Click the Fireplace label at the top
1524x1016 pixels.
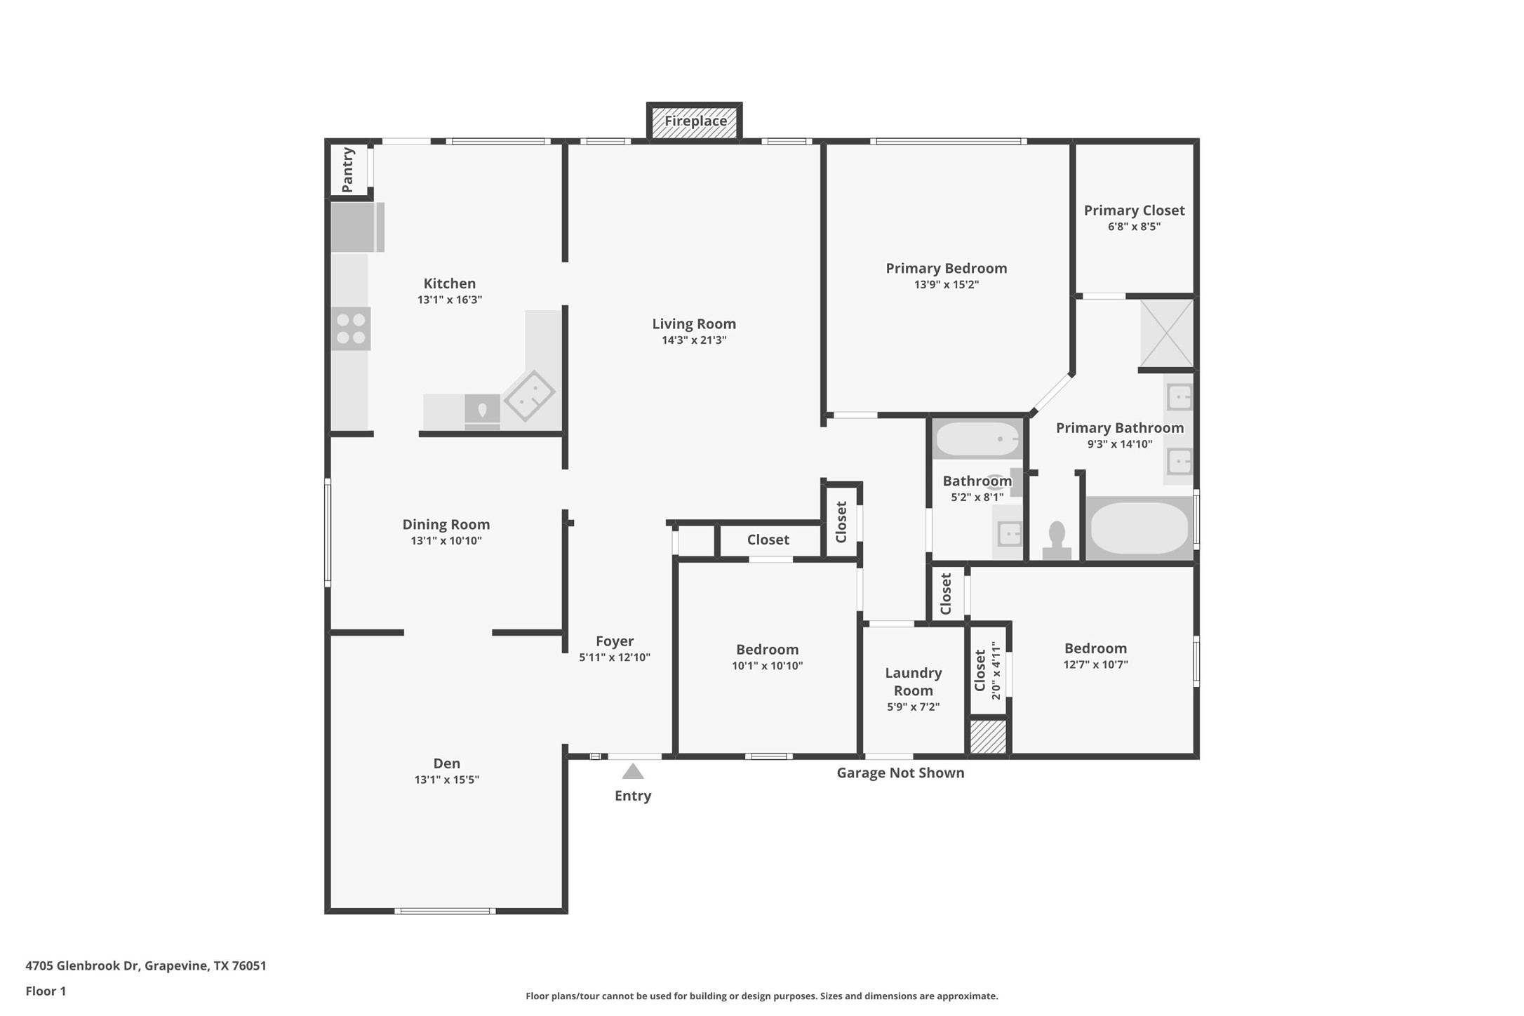(695, 121)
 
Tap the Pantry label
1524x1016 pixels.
(347, 169)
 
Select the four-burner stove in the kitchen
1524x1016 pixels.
(351, 329)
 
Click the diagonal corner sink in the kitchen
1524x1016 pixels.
(530, 396)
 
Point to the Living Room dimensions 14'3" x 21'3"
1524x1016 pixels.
(693, 340)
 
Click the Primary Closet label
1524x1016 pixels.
(1134, 210)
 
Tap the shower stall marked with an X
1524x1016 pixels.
(1166, 333)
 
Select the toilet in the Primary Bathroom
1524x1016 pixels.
(1057, 540)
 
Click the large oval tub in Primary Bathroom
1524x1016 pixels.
(1139, 528)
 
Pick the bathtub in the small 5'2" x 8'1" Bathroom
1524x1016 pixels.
(977, 439)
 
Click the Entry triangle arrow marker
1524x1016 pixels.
(633, 772)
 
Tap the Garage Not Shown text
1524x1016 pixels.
(900, 773)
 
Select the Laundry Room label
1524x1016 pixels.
(913, 681)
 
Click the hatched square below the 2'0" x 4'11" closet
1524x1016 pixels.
(988, 737)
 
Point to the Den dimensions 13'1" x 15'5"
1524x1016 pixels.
(446, 780)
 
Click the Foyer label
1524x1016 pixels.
(615, 641)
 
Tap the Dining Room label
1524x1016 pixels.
(446, 525)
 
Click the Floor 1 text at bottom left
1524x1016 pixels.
(46, 991)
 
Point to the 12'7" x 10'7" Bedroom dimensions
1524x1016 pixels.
(1095, 664)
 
